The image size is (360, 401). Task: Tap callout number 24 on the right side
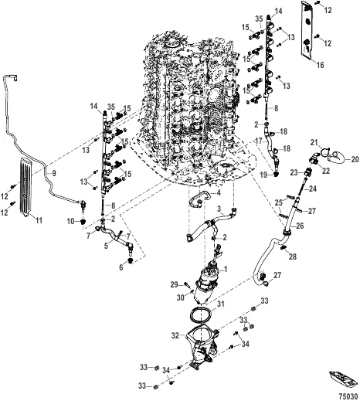point(314,188)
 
